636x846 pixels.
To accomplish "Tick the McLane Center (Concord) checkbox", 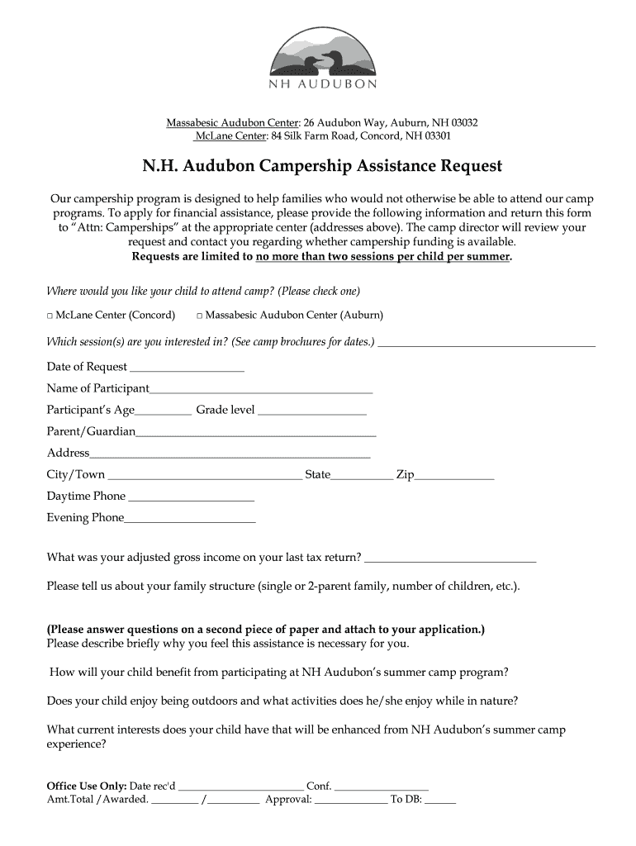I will [x=50, y=316].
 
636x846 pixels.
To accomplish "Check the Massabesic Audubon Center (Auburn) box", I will [x=200, y=316].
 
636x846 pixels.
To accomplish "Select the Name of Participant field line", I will [x=261, y=390].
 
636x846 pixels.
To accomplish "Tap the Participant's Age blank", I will [x=164, y=411].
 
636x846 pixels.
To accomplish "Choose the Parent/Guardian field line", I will [x=256, y=433].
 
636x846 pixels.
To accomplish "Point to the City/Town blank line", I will [x=205, y=477].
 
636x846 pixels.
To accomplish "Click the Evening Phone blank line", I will [x=190, y=520].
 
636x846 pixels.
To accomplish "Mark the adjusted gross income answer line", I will [x=449, y=559].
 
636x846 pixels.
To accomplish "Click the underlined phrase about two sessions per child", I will [x=383, y=257].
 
